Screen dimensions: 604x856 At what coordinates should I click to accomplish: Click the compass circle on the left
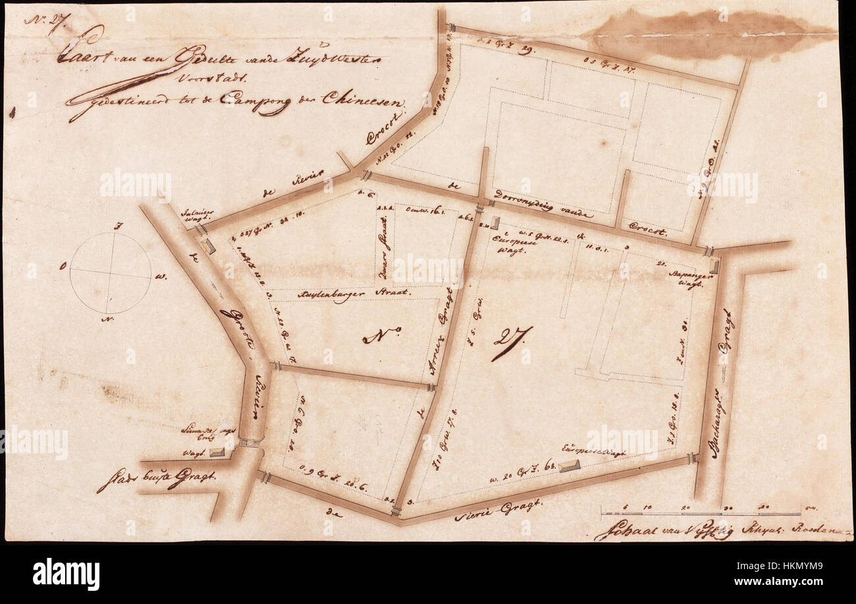(110, 273)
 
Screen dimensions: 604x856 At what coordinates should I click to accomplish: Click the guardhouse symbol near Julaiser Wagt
(209, 246)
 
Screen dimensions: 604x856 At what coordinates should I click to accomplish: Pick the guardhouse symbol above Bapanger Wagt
(714, 267)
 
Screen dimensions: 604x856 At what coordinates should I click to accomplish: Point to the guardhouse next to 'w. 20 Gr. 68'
(570, 466)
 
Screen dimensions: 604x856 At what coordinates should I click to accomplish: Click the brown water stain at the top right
(705, 33)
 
